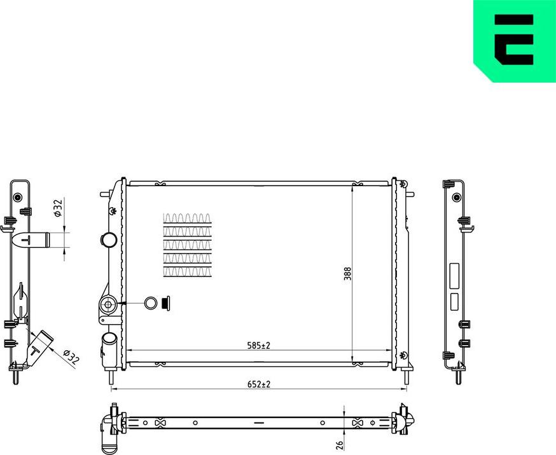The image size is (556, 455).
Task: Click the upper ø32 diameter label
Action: pyautogui.click(x=57, y=208)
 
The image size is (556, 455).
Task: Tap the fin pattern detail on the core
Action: pyautogui.click(x=188, y=245)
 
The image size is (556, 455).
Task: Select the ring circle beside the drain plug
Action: pyautogui.click(x=151, y=304)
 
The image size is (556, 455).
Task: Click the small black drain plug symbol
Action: pyautogui.click(x=167, y=303)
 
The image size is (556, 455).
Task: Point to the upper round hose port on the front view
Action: pyautogui.click(x=108, y=240)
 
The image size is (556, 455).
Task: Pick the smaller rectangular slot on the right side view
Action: pyautogui.click(x=454, y=301)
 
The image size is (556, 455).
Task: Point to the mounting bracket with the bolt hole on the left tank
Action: pyautogui.click(x=108, y=308)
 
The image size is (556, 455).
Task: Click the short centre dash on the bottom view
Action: pyautogui.click(x=258, y=423)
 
